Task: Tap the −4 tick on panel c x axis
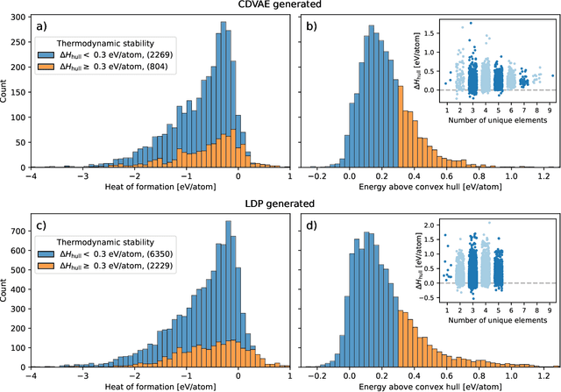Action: click(x=32, y=372)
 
